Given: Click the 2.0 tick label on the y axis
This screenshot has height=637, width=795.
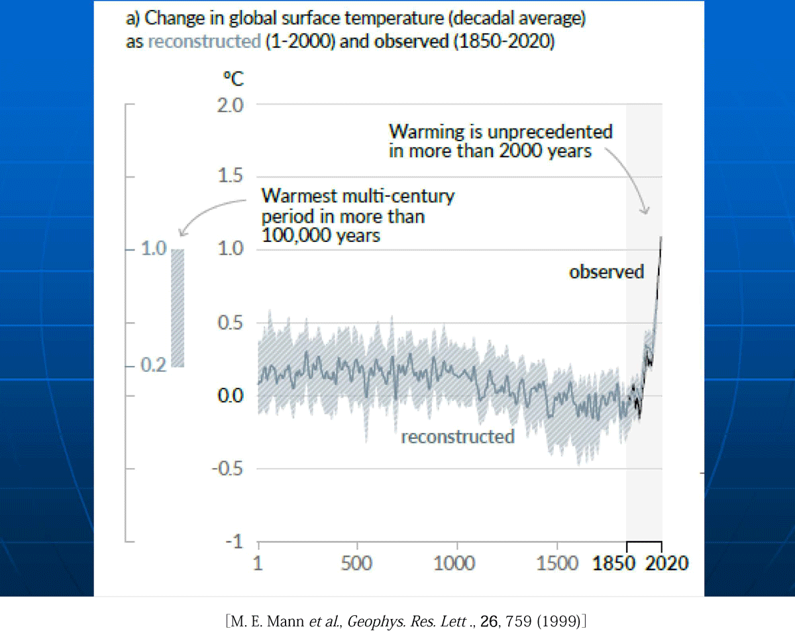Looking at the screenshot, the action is (230, 105).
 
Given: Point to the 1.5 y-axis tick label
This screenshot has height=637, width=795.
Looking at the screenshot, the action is (231, 175).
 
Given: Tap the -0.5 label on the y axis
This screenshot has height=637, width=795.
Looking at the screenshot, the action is (227, 469).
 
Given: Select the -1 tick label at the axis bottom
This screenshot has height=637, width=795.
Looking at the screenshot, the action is (235, 542).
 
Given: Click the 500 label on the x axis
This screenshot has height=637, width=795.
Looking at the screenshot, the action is (356, 563).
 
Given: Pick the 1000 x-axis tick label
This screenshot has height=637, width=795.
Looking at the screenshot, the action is (454, 563).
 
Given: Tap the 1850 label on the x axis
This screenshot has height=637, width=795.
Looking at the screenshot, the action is (613, 563).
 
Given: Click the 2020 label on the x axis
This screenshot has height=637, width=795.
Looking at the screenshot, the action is (667, 563).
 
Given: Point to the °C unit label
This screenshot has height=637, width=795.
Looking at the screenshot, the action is (233, 79).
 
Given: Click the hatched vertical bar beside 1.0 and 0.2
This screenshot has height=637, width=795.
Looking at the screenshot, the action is (178, 308).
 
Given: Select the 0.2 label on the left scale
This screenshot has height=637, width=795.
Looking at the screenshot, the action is (154, 365).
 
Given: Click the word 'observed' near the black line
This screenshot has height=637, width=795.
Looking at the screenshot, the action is (606, 272).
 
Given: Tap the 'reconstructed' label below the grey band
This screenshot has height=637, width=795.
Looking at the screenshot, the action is (458, 437).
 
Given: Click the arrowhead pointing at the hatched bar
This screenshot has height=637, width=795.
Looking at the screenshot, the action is (182, 233).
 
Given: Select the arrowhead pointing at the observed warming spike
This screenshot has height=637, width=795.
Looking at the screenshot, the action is (645, 211).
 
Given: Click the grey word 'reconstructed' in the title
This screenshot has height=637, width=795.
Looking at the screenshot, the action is (204, 41).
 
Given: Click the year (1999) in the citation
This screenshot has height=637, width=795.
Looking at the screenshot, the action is (558, 621).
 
